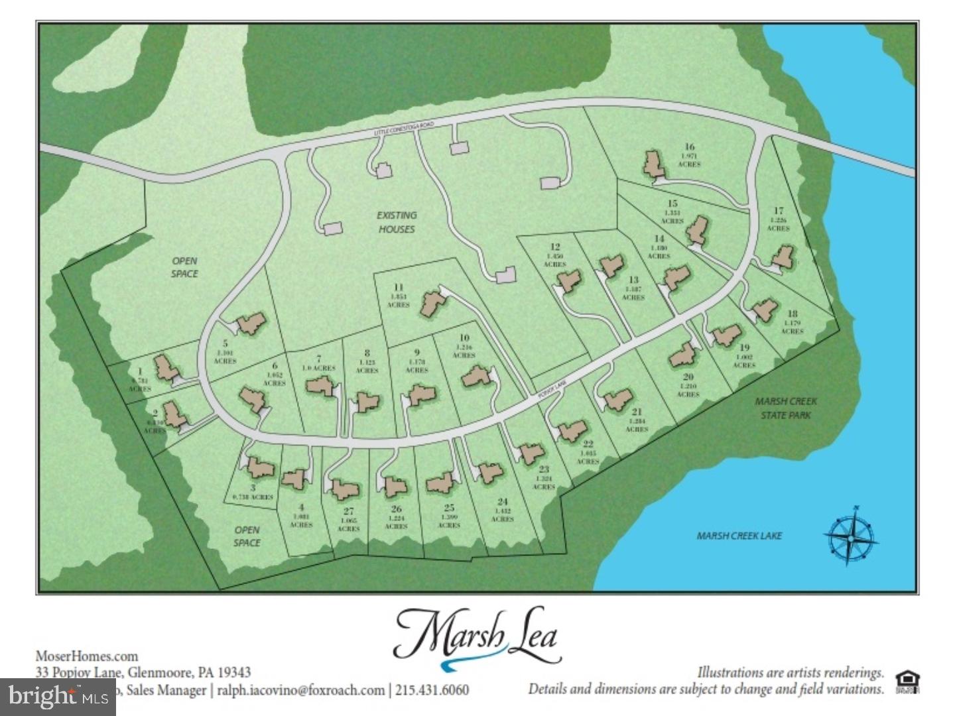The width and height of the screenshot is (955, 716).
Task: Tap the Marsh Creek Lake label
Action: tap(739, 536)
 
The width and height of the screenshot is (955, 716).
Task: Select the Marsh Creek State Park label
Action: tap(786, 408)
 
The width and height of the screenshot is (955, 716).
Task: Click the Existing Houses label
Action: tap(397, 222)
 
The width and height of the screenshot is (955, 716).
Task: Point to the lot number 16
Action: tap(690, 147)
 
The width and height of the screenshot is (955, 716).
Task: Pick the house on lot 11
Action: tap(433, 303)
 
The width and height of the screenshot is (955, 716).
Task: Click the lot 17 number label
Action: tap(779, 211)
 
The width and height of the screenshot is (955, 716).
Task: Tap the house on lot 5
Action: tap(251, 324)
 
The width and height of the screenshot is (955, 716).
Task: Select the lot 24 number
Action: tap(502, 502)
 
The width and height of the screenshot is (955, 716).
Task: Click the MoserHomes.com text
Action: tap(87, 656)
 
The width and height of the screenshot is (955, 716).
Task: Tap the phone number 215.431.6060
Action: tap(432, 690)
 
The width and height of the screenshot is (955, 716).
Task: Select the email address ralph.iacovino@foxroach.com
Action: tap(300, 690)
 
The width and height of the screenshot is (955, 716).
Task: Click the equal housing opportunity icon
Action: tap(907, 682)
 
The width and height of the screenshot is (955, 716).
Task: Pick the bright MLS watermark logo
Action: tap(58, 697)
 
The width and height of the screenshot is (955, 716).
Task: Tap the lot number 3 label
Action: tap(253, 487)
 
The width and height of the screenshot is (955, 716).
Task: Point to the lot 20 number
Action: tap(688, 377)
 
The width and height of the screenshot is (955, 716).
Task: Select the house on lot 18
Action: tap(764, 309)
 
